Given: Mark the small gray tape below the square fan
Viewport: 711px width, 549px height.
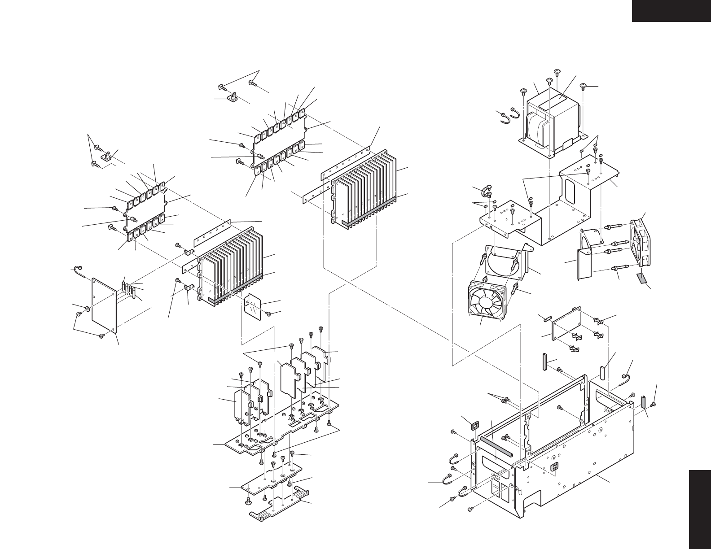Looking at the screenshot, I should pos(643,279).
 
